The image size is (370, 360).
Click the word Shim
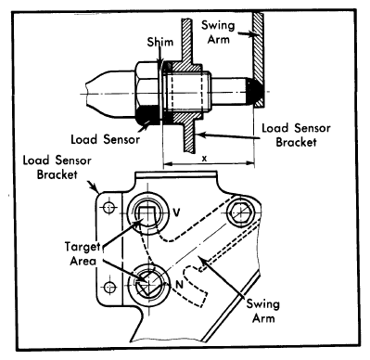click(x=157, y=43)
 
